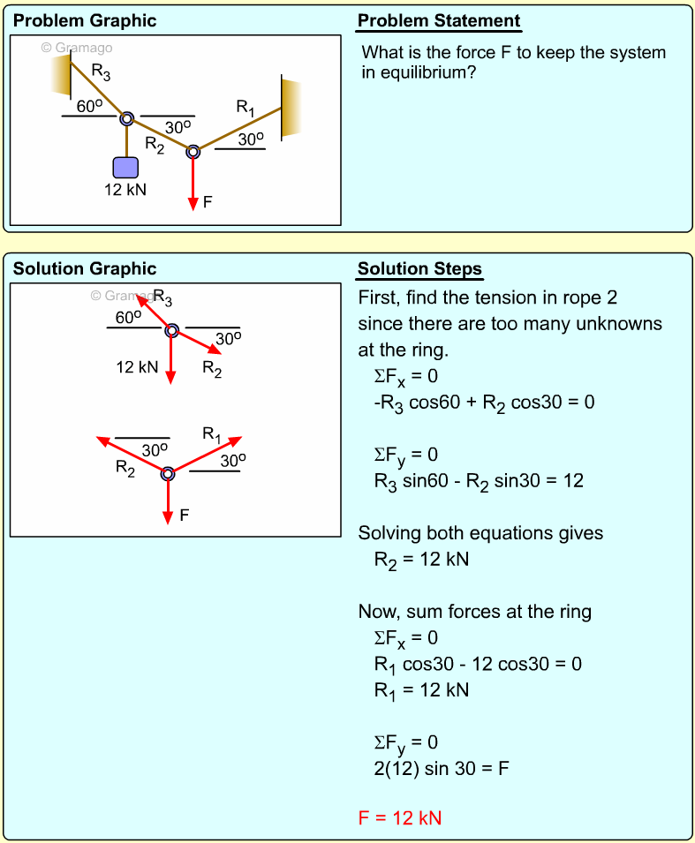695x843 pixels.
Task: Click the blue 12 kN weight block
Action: coord(126,168)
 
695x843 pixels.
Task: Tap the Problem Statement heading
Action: coord(439,21)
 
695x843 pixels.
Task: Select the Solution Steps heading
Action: coord(419,269)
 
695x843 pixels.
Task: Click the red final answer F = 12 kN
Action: coord(399,817)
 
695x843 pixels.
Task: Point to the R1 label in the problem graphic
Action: coord(246,108)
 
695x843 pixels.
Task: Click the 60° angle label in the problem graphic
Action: coord(90,106)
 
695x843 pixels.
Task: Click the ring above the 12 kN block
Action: coord(126,118)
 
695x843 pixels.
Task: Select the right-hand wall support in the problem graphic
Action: coord(291,108)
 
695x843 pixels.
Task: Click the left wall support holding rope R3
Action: coord(60,72)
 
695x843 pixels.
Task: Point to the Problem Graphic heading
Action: coord(85,21)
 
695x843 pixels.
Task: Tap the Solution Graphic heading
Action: coord(85,269)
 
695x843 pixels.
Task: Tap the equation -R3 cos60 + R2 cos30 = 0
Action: coord(484,403)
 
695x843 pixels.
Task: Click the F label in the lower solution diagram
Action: coord(184,516)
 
